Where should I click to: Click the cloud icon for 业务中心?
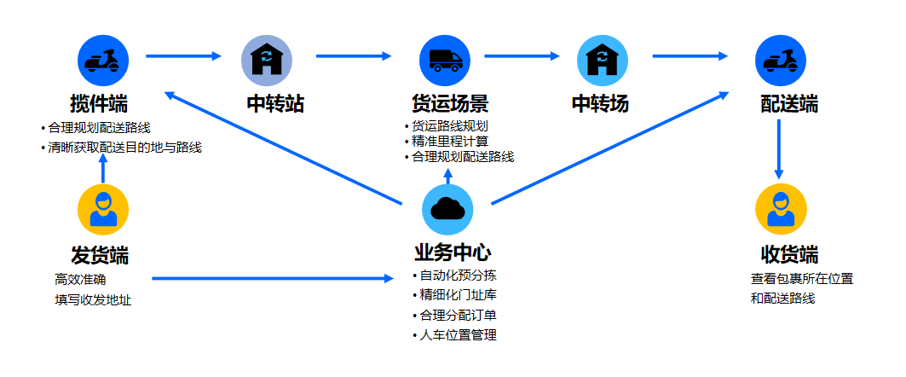tap(447, 208)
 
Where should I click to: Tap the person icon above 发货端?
tap(103, 209)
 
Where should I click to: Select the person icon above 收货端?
tap(781, 209)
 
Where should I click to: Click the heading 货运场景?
tap(450, 104)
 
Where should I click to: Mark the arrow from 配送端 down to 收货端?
tap(779, 148)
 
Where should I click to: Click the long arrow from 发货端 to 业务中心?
tap(268, 279)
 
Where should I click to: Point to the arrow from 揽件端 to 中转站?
tap(182, 57)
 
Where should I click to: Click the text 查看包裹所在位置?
tap(802, 279)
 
